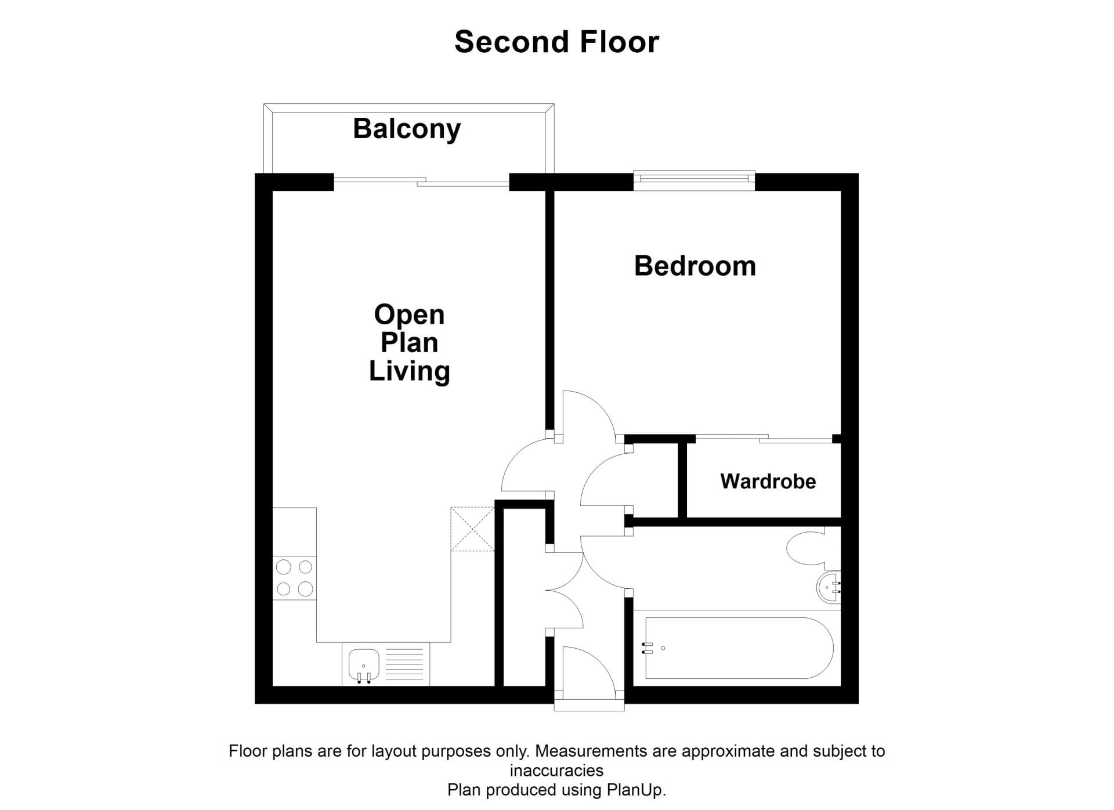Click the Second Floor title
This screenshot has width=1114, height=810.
coord(556,42)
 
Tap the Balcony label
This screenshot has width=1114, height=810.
coord(407,129)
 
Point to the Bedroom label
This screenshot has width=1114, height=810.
coord(695,266)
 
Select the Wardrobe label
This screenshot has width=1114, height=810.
coord(768,481)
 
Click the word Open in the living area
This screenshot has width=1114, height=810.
coord(409,316)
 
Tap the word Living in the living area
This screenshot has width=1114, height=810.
coord(409,371)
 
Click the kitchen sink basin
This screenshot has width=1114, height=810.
coord(364,664)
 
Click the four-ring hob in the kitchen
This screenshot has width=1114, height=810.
coord(295,578)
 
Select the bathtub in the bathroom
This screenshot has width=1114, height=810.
coord(739,648)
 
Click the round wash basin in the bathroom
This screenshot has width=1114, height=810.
coord(829,587)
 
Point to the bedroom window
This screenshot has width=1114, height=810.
coord(694,180)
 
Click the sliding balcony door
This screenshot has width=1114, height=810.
coord(421,182)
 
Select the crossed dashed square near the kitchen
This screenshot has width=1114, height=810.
coord(472,529)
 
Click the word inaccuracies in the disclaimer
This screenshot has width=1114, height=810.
coord(556,771)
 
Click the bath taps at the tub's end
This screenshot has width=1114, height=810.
coord(648,648)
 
